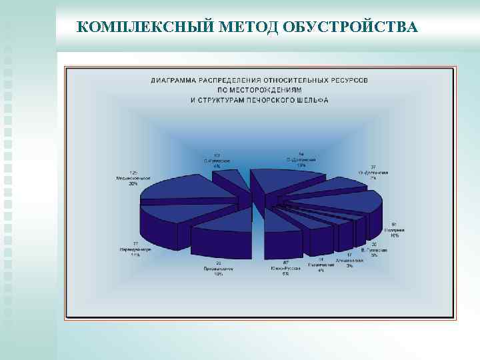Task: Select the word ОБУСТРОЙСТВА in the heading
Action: (x=351, y=27)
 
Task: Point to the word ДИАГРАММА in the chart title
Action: (x=173, y=80)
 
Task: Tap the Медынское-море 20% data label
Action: (x=134, y=179)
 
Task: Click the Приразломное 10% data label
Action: (x=219, y=271)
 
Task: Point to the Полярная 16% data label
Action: (x=395, y=231)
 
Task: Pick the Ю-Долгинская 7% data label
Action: (x=373, y=173)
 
